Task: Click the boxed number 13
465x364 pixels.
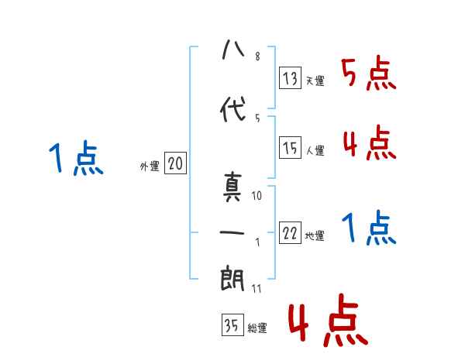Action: [x=291, y=77]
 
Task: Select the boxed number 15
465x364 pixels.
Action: [x=291, y=147]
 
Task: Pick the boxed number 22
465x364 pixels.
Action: [x=291, y=234]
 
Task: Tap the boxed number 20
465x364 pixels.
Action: [x=175, y=163]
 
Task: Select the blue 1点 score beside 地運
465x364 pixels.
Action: [x=369, y=228]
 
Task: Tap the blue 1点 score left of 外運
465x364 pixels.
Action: [x=75, y=160]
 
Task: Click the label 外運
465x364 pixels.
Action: [x=149, y=166]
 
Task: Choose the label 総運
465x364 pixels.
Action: [x=257, y=328]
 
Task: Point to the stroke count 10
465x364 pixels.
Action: [x=257, y=196]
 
